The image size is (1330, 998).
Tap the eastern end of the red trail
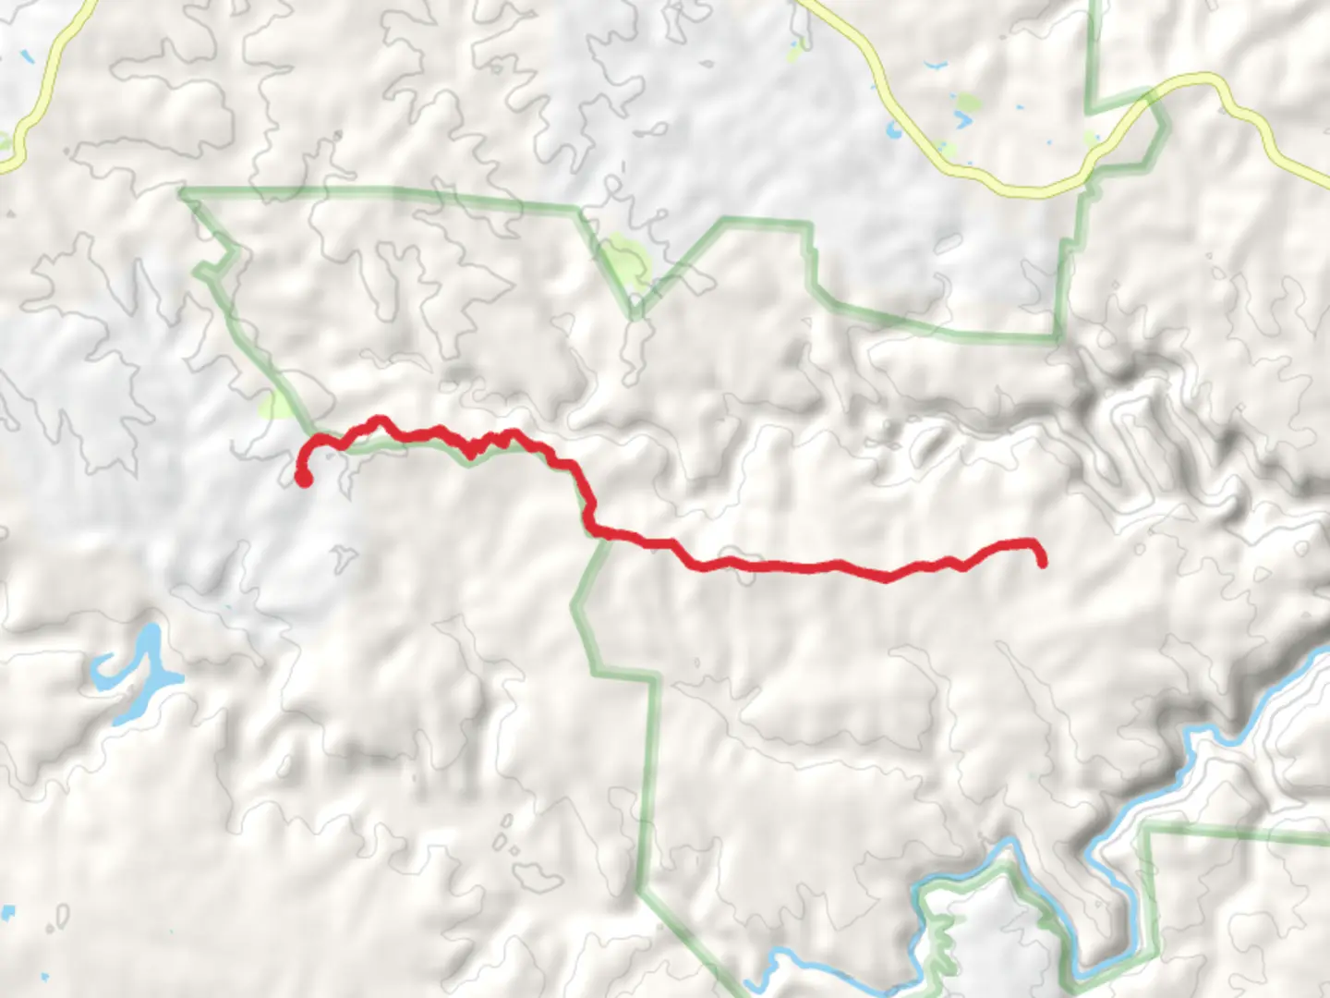(x=1043, y=562)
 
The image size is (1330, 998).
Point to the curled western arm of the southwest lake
(x=103, y=667)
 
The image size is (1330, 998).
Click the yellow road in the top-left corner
(x=42, y=79)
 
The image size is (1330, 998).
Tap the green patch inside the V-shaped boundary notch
(x=626, y=259)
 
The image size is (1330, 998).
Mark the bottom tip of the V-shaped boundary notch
(x=635, y=314)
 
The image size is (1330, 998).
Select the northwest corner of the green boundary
(x=183, y=192)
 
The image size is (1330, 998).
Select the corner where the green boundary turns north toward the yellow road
(x=1058, y=338)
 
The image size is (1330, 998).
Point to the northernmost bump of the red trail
(x=377, y=420)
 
